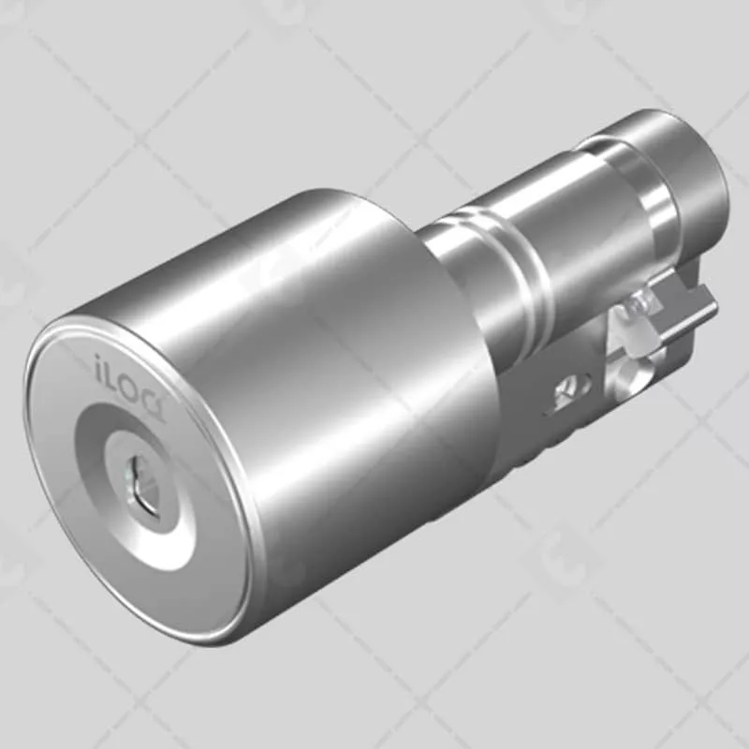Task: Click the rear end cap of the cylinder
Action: click(x=693, y=169)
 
